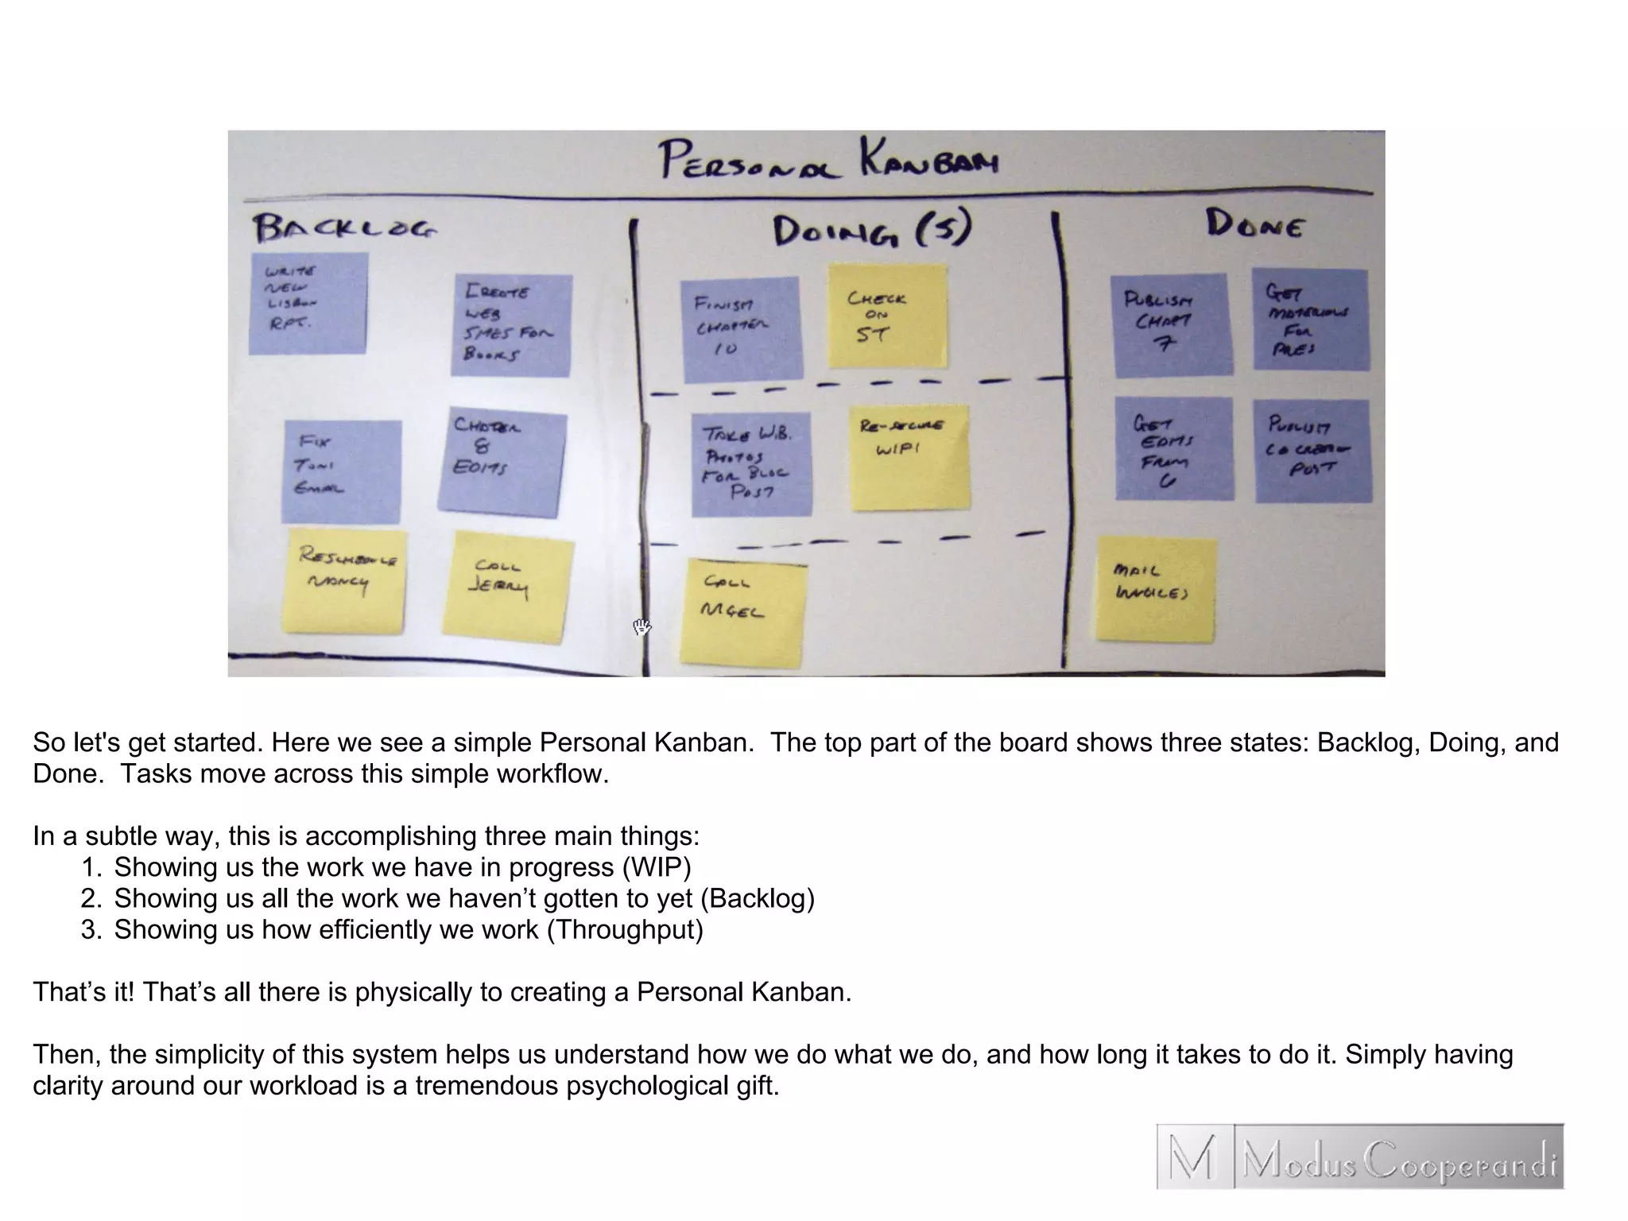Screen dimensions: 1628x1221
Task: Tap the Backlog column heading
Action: (344, 228)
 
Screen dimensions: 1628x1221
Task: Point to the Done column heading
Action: (1254, 224)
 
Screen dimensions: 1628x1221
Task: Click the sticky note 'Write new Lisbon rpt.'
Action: (308, 303)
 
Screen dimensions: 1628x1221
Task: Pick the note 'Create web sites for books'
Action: (512, 324)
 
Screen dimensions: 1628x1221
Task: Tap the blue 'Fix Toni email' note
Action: (342, 471)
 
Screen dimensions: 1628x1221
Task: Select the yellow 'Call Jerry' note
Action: (508, 587)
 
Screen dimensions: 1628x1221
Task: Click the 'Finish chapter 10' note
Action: (741, 328)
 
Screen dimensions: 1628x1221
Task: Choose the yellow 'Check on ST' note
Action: (887, 316)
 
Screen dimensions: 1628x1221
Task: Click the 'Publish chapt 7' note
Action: (1172, 324)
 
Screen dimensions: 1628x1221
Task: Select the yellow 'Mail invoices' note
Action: (1156, 588)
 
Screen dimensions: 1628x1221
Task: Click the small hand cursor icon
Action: (642, 626)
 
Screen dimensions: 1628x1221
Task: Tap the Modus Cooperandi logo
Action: (1359, 1156)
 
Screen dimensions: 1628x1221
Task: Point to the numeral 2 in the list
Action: (90, 898)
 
